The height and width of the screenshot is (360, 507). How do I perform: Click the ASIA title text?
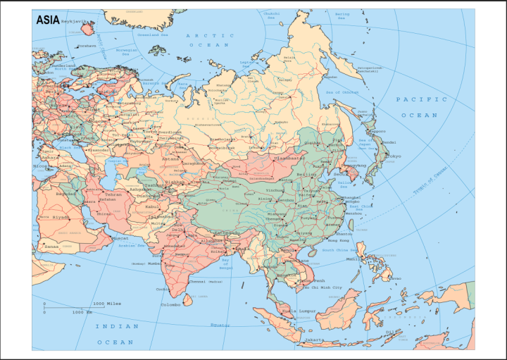48,20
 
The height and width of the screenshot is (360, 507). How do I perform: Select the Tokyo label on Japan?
392,156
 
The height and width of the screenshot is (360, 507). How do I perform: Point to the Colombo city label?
170,304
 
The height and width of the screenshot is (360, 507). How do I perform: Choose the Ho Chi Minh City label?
323,287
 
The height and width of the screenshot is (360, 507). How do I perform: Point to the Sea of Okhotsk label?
342,93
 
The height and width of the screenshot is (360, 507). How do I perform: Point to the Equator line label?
220,325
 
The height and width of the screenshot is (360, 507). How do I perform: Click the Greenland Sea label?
153,34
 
